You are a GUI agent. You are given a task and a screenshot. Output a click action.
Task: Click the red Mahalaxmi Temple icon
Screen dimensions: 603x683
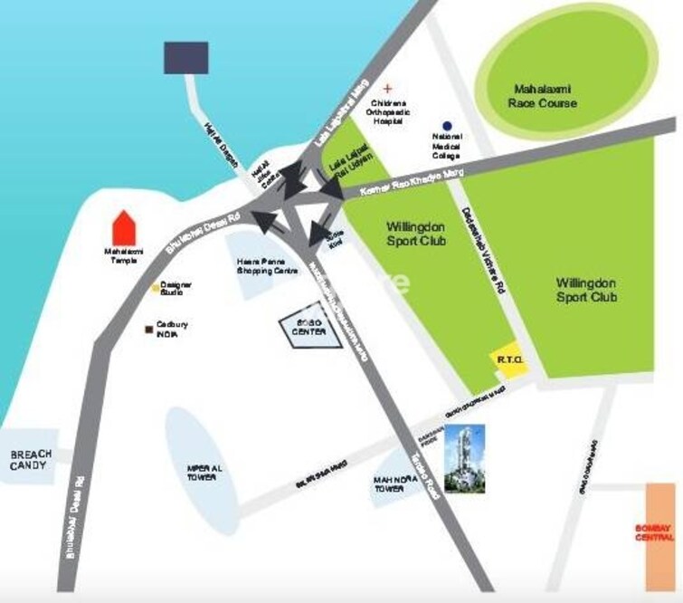point(122,226)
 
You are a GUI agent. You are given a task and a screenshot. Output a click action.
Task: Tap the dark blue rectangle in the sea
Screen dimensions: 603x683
point(185,56)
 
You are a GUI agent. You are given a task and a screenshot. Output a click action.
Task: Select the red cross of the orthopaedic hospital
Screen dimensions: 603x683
point(388,88)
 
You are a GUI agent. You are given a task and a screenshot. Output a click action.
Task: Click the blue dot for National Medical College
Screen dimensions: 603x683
point(446,126)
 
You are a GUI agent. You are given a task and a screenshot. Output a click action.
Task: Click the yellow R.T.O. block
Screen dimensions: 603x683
point(506,359)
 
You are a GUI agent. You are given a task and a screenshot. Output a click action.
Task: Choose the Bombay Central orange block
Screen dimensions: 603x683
point(660,534)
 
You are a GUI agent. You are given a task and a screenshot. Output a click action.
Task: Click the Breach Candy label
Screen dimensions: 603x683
point(31,460)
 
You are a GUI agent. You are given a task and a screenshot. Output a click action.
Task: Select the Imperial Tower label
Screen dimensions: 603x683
point(201,471)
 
